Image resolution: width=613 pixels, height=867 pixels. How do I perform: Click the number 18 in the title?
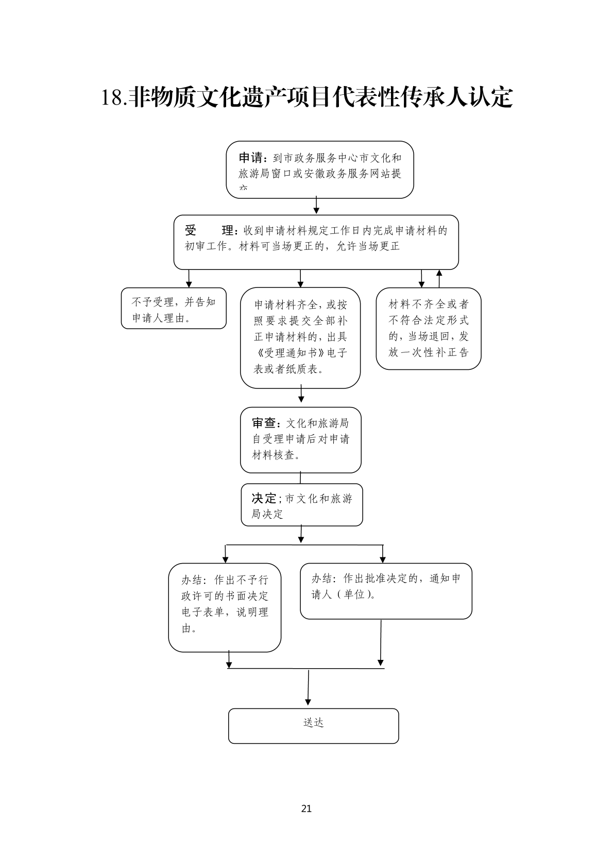tap(112, 98)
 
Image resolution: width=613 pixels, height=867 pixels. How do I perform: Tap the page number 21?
tap(306, 808)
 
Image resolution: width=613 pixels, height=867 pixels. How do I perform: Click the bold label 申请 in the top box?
tap(251, 158)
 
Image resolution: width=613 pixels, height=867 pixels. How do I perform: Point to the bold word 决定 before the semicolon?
tap(264, 498)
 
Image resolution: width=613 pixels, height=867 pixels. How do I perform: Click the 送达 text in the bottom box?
tap(313, 723)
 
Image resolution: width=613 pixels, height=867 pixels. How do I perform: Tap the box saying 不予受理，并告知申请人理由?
tap(174, 309)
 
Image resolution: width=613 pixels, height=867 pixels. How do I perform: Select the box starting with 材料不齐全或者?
tap(428, 329)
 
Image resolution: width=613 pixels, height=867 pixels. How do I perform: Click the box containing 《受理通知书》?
tap(300, 337)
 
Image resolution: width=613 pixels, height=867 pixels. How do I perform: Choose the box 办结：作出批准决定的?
tap(386, 591)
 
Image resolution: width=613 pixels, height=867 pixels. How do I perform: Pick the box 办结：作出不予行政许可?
tap(225, 607)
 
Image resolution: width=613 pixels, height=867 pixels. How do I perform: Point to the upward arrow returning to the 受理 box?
tap(439, 278)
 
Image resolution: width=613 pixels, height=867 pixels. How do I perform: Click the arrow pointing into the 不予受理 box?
tap(189, 278)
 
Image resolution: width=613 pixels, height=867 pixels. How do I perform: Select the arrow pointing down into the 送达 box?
tap(308, 688)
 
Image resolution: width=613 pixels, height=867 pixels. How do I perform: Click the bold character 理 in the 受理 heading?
tap(228, 230)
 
